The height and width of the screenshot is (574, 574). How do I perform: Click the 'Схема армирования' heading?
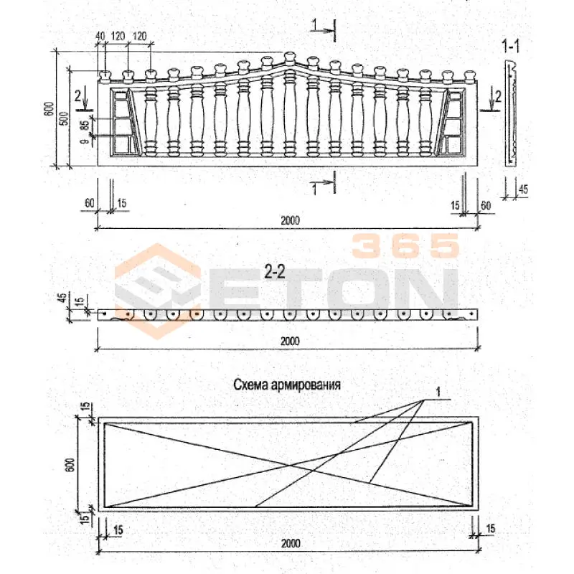click(286, 385)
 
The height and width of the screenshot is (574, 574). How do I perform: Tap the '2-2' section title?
click(275, 272)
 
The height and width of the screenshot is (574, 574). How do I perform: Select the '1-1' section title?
click(510, 46)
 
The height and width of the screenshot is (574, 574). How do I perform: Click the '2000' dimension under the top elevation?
click(290, 220)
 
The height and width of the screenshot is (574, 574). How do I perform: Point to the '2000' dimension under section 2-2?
click(290, 341)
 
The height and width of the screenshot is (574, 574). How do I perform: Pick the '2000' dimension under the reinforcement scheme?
click(291, 543)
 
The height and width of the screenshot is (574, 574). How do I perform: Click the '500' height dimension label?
click(64, 118)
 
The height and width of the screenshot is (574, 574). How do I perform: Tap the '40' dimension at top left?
click(100, 36)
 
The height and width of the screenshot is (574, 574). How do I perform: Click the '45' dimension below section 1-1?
click(523, 189)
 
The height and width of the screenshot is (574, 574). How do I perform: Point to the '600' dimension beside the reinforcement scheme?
click(70, 465)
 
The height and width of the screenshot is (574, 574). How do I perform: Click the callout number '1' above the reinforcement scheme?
click(438, 392)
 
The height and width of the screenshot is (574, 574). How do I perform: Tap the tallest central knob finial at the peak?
click(290, 57)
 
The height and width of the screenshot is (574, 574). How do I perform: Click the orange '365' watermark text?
click(405, 245)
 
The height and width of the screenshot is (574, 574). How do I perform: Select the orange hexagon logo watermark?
click(158, 291)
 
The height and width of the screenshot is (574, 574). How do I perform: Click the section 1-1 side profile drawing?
click(510, 113)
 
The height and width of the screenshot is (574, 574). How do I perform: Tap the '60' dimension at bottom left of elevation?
click(89, 203)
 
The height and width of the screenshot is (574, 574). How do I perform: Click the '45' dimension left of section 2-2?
click(63, 298)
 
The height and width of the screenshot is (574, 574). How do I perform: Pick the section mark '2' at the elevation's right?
click(497, 96)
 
